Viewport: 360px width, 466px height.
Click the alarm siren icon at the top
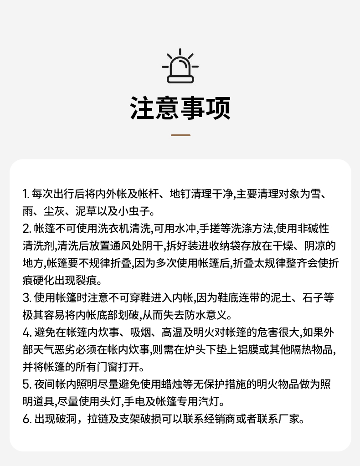pos(180,67)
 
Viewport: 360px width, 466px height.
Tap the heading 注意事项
pos(180,108)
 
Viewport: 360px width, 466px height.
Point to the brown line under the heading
pos(180,135)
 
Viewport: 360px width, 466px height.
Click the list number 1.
pos(25,194)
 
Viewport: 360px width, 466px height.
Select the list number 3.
pos(26,298)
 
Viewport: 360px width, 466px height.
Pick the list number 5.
pos(26,384)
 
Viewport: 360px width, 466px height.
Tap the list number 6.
pos(26,419)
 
